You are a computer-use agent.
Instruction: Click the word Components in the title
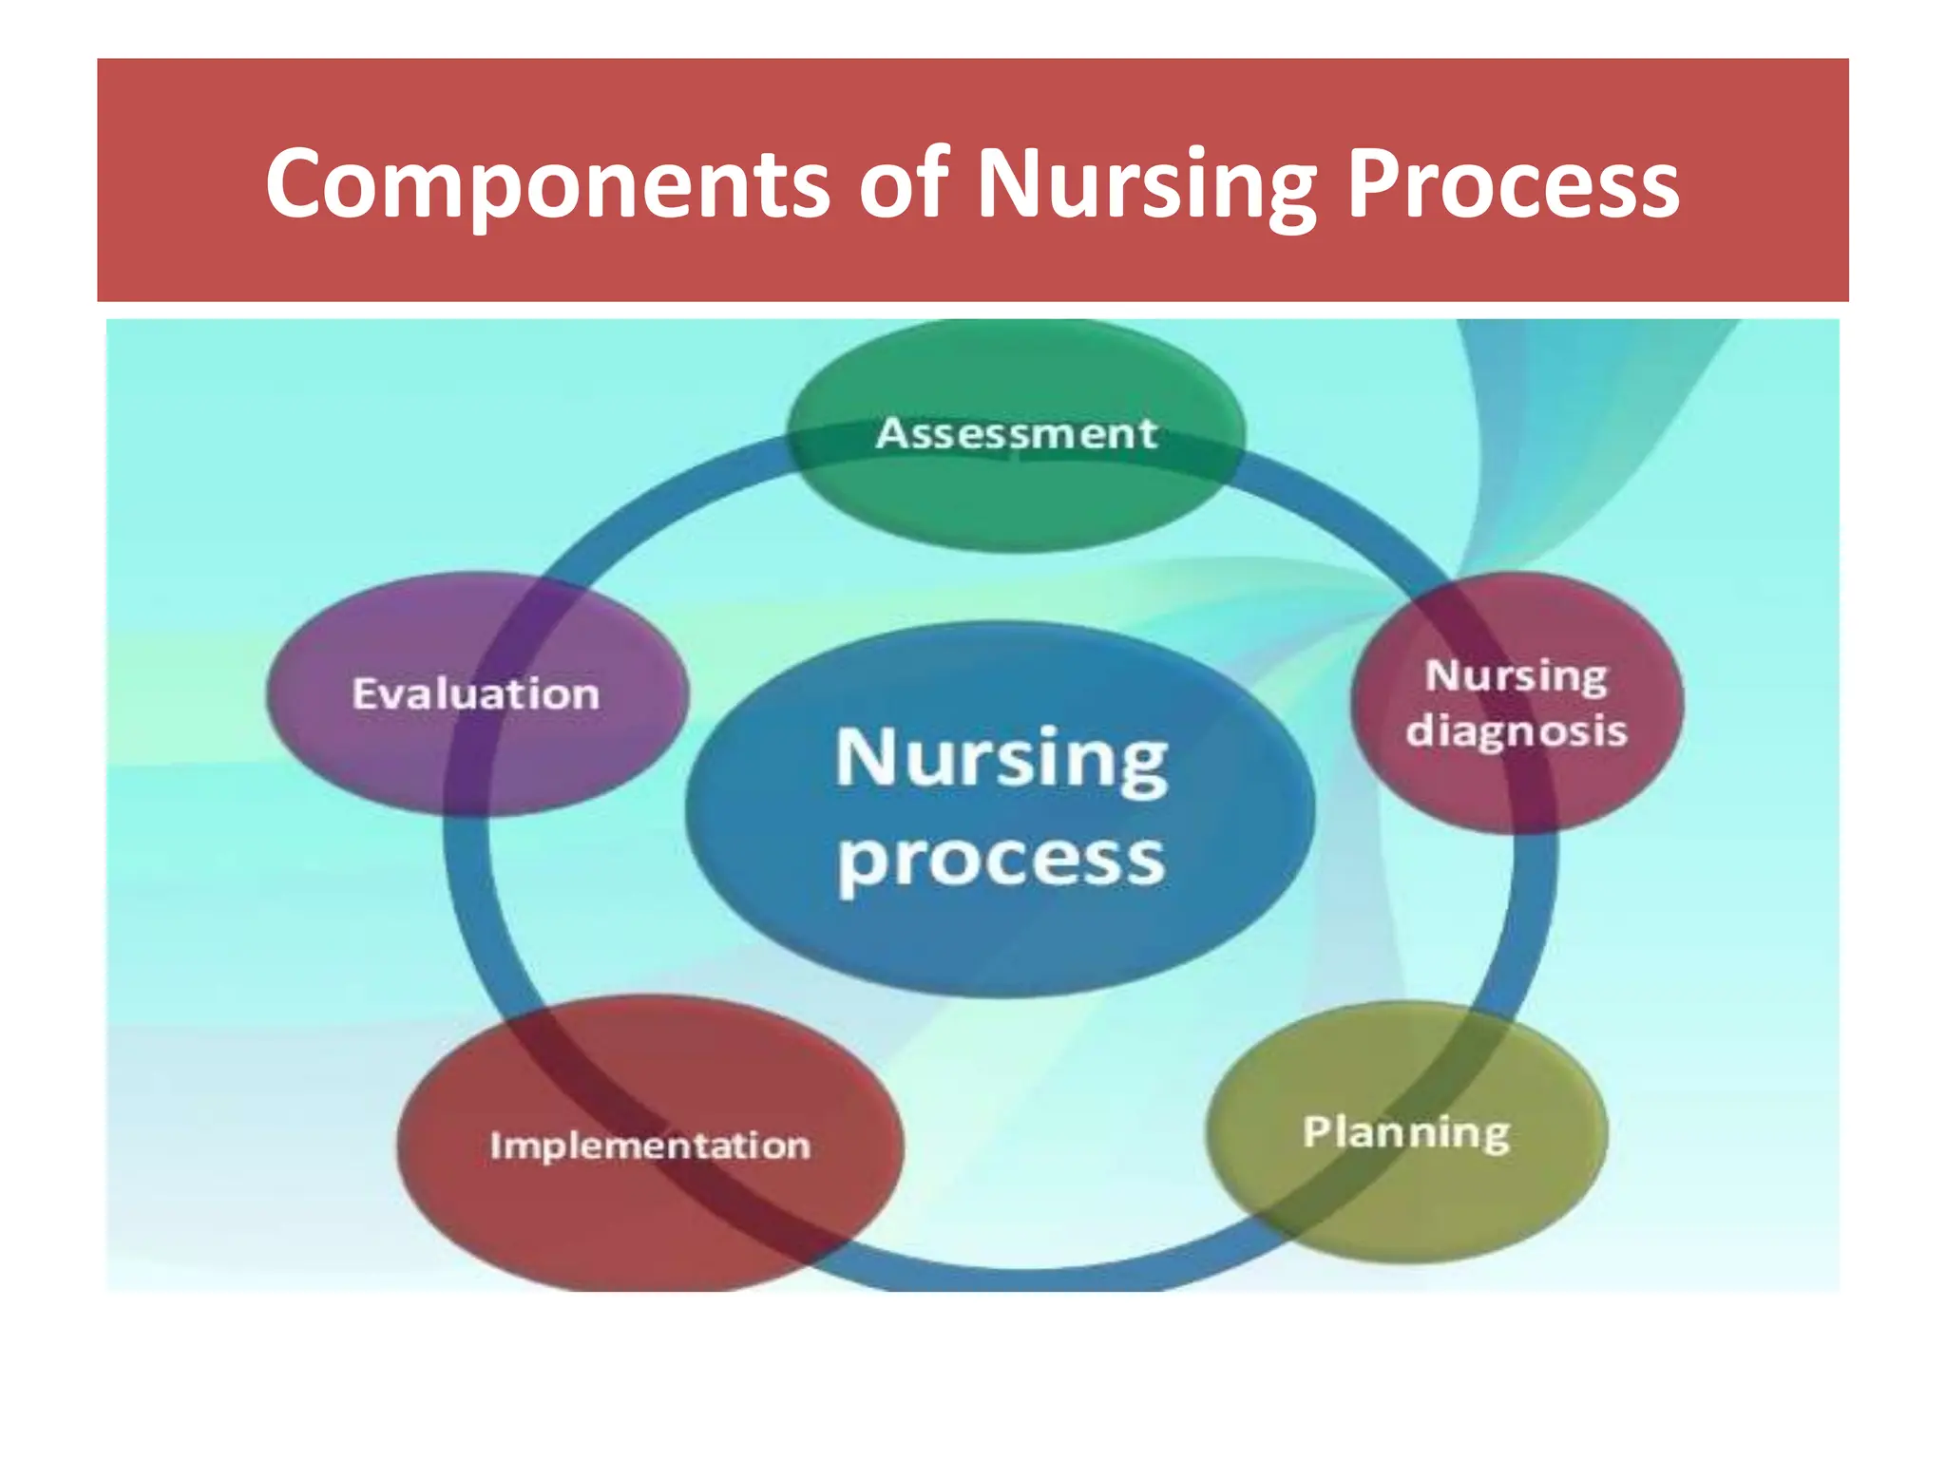[x=547, y=184]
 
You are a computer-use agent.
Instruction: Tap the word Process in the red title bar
[x=1513, y=184]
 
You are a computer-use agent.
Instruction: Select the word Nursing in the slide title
[x=1146, y=184]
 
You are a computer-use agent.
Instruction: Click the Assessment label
[x=1017, y=434]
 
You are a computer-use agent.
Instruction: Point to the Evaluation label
[x=476, y=693]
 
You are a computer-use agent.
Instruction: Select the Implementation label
[x=650, y=1146]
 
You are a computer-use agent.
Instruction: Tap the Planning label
[x=1406, y=1132]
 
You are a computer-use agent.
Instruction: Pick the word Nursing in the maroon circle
[x=1517, y=676]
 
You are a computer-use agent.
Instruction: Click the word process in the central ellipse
[x=1001, y=860]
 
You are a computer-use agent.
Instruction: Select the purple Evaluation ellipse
[x=475, y=760]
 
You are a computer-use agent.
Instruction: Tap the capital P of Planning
[x=1317, y=1130]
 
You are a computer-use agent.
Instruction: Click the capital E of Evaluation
[x=366, y=693]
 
